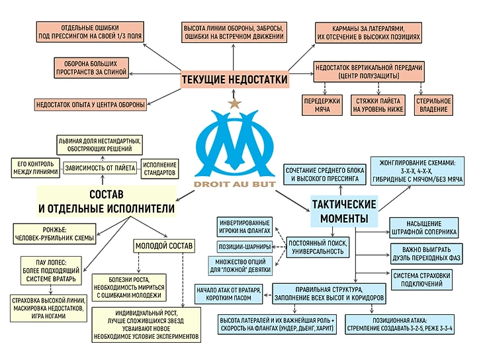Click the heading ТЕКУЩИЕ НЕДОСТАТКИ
pos(234,79)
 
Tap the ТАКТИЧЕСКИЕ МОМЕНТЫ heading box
pos(343,210)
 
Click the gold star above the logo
pos(233,103)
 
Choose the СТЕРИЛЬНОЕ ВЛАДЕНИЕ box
pos(433,105)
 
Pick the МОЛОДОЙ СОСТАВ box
pos(164,246)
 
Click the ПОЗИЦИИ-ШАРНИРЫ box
pos(244,247)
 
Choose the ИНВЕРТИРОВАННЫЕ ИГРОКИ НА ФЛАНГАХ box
pos(244,226)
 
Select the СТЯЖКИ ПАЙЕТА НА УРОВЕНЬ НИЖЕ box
pos(378,105)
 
